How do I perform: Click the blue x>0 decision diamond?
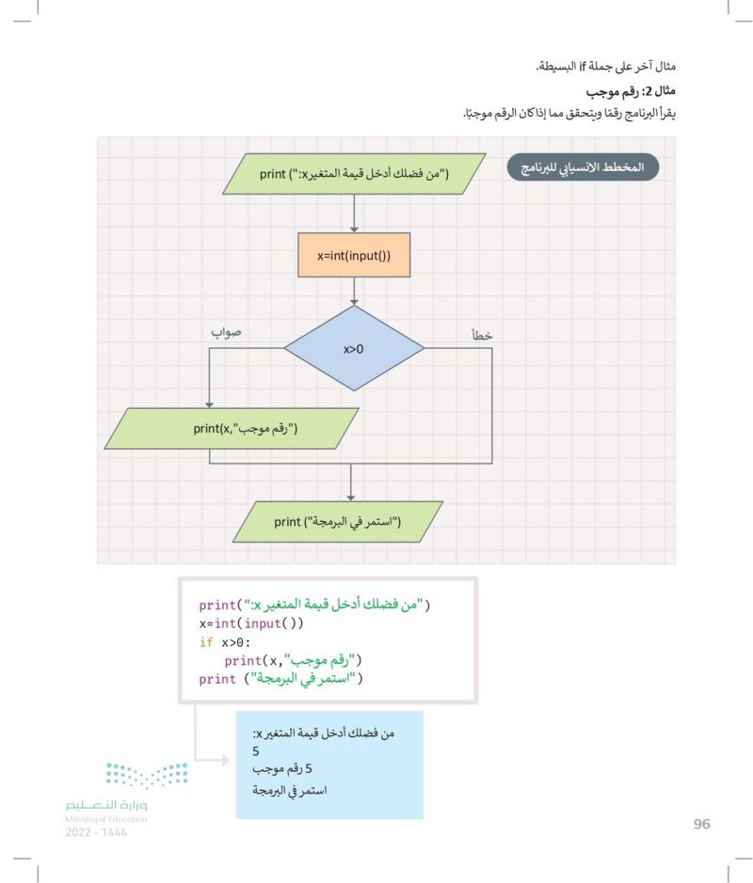click(354, 349)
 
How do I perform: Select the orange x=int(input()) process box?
click(354, 255)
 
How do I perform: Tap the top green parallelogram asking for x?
click(354, 174)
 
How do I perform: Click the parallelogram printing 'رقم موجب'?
click(232, 429)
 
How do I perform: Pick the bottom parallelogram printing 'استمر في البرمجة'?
click(338, 522)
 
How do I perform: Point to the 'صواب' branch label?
click(226, 332)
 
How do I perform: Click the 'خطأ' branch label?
click(482, 336)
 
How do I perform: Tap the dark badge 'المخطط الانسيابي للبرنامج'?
click(583, 167)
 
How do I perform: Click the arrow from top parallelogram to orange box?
click(354, 213)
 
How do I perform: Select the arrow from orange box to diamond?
click(354, 292)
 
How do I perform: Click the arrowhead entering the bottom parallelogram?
click(350, 497)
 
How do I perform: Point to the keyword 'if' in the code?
click(206, 642)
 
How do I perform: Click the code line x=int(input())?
click(250, 623)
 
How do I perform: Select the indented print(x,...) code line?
click(293, 660)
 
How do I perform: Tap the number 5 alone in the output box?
click(256, 751)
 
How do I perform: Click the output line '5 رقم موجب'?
click(281, 768)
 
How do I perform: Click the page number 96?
click(702, 824)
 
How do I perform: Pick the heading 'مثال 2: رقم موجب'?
click(630, 91)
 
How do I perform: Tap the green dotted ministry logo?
click(147, 775)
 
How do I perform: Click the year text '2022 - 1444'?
click(96, 832)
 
